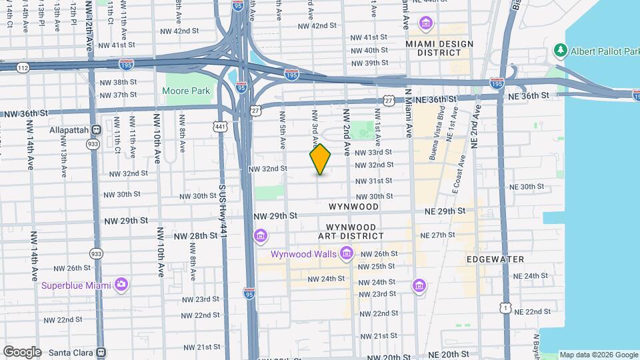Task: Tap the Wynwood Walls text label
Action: pyautogui.click(x=304, y=254)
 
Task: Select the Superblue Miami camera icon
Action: pyautogui.click(x=121, y=285)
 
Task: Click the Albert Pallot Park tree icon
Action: pyautogui.click(x=561, y=51)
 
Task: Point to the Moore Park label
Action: pyautogui.click(x=186, y=91)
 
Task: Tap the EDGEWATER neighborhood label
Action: pyautogui.click(x=495, y=259)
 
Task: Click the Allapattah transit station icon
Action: pyautogui.click(x=97, y=129)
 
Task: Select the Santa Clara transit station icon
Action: pyautogui.click(x=101, y=351)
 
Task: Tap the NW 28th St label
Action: pyautogui.click(x=195, y=236)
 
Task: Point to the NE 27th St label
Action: pyautogui.click(x=438, y=235)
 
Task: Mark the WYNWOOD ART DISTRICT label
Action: pyautogui.click(x=351, y=231)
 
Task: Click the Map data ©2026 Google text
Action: pyautogui.click(x=598, y=355)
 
